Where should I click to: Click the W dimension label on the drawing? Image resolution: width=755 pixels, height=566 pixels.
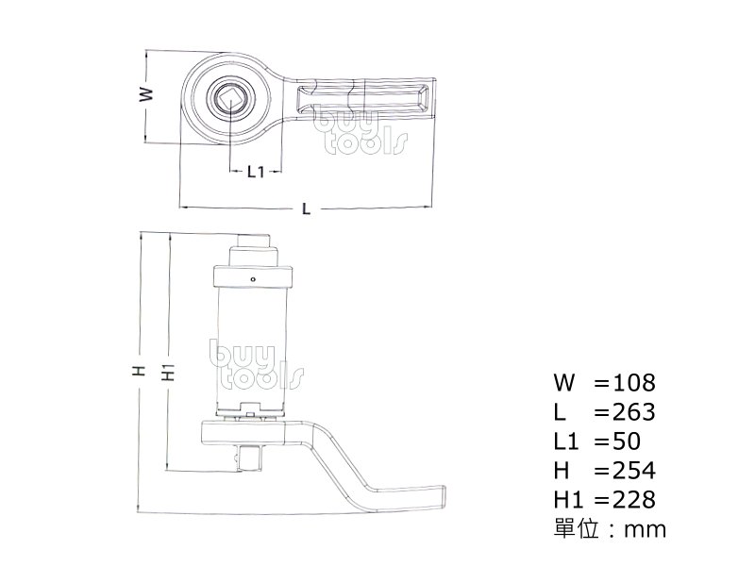click(144, 95)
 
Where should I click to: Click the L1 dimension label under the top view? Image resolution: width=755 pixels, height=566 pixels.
click(255, 171)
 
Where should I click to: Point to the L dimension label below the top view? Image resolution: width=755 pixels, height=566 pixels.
click(306, 208)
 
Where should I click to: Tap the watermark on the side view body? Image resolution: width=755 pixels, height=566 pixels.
click(256, 366)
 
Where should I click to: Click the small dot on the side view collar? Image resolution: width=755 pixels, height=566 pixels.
click(253, 279)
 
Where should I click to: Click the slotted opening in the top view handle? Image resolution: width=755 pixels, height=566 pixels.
click(363, 98)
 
